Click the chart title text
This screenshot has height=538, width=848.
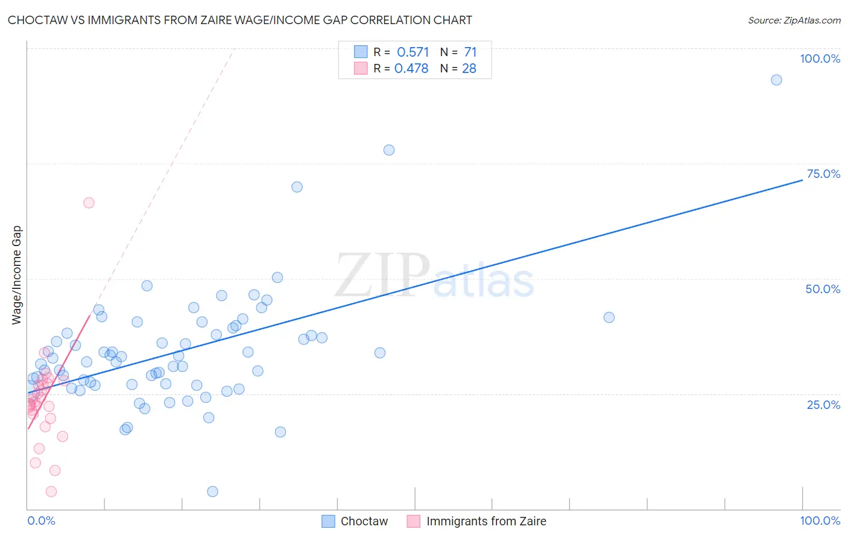pyautogui.click(x=239, y=20)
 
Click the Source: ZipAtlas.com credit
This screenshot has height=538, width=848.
pyautogui.click(x=794, y=20)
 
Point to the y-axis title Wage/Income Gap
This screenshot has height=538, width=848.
pyautogui.click(x=17, y=275)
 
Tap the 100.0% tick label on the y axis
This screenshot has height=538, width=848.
pyautogui.click(x=820, y=59)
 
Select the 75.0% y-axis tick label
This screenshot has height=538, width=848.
pyautogui.click(x=823, y=174)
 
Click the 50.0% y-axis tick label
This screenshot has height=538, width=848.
pyautogui.click(x=823, y=289)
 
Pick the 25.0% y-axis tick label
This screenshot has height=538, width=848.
pyautogui.click(x=823, y=405)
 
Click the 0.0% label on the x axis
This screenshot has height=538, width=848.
pyautogui.click(x=41, y=521)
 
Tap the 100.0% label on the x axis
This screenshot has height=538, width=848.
pyautogui.click(x=820, y=521)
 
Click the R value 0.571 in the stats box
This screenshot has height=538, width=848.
pyautogui.click(x=413, y=52)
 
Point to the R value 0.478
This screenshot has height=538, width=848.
pyautogui.click(x=411, y=68)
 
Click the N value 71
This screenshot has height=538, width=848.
pyautogui.click(x=470, y=52)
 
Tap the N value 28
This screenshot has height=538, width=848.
pyautogui.click(x=469, y=68)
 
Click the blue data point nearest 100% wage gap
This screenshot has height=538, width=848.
pyautogui.click(x=776, y=80)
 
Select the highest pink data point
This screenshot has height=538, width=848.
pyautogui.click(x=89, y=203)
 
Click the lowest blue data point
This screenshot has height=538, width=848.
pyautogui.click(x=212, y=492)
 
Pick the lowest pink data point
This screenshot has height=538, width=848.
pyautogui.click(x=51, y=492)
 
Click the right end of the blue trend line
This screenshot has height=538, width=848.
pyautogui.click(x=802, y=180)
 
